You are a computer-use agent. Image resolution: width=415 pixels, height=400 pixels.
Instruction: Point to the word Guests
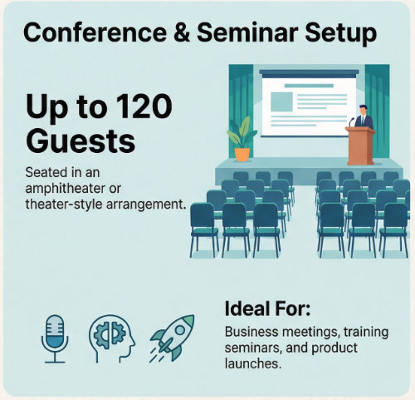(80, 140)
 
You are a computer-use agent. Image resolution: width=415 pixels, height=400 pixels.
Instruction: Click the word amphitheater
(61, 187)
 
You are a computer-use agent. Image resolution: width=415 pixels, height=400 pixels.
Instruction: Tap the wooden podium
(359, 146)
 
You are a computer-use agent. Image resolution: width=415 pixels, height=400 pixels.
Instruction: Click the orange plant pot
(242, 154)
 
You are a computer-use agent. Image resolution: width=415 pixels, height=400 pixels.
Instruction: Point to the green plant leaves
(242, 131)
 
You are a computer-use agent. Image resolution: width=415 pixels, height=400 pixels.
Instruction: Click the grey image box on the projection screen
(282, 103)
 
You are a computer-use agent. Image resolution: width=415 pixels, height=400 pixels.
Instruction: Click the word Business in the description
(251, 333)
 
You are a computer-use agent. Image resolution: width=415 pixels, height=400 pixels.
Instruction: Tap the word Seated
(46, 172)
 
